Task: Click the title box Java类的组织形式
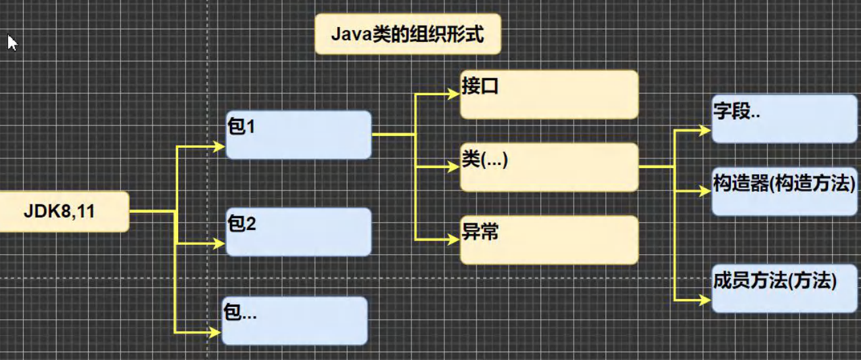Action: pyautogui.click(x=407, y=34)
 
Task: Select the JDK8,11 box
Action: pyautogui.click(x=64, y=212)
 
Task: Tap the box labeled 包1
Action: pyautogui.click(x=298, y=135)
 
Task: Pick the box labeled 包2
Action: pyautogui.click(x=298, y=232)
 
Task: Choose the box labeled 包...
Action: pyautogui.click(x=295, y=321)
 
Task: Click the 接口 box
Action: pyautogui.click(x=549, y=95)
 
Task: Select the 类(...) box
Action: pyautogui.click(x=549, y=167)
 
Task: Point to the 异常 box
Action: pyautogui.click(x=549, y=240)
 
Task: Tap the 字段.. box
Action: pyautogui.click(x=785, y=119)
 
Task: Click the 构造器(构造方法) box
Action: pyautogui.click(x=785, y=191)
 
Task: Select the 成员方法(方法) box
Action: pyautogui.click(x=785, y=288)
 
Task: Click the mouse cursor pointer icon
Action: pyautogui.click(x=12, y=42)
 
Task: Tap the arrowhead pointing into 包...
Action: pyautogui.click(x=216, y=332)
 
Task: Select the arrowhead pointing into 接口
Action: pyautogui.click(x=454, y=94)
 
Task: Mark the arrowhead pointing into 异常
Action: pyautogui.click(x=454, y=240)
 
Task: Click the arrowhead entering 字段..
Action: pyautogui.click(x=705, y=131)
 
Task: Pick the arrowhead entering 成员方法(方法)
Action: pyautogui.click(x=705, y=300)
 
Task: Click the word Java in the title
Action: pyautogui.click(x=352, y=34)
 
